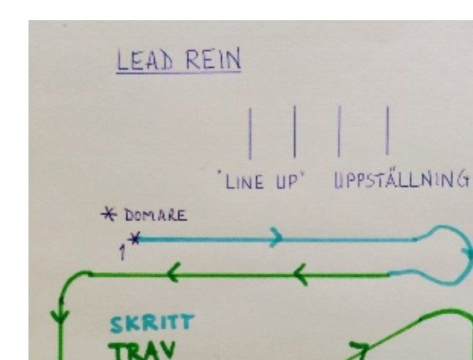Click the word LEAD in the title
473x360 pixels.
click(x=145, y=59)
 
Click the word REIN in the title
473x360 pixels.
click(x=213, y=59)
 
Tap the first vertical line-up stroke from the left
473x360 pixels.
click(x=249, y=134)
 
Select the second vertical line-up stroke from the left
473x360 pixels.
click(x=295, y=131)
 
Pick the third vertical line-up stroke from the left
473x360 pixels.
click(x=339, y=131)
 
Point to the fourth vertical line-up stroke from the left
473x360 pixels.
click(x=388, y=131)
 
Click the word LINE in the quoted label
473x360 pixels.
click(x=244, y=183)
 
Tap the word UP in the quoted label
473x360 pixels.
click(x=287, y=182)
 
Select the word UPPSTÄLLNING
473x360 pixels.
click(x=402, y=179)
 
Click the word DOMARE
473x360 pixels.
click(x=156, y=215)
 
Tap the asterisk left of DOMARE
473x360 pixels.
click(x=109, y=214)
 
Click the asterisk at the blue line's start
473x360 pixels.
click(x=134, y=239)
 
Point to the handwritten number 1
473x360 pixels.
click(x=122, y=252)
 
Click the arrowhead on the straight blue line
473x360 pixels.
click(x=276, y=238)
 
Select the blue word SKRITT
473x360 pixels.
click(x=152, y=323)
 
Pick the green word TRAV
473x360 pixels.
click(x=141, y=350)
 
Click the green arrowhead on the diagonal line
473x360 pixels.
click(x=360, y=348)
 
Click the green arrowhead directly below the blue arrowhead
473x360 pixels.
click(x=301, y=275)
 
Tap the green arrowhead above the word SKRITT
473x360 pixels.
click(x=173, y=272)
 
